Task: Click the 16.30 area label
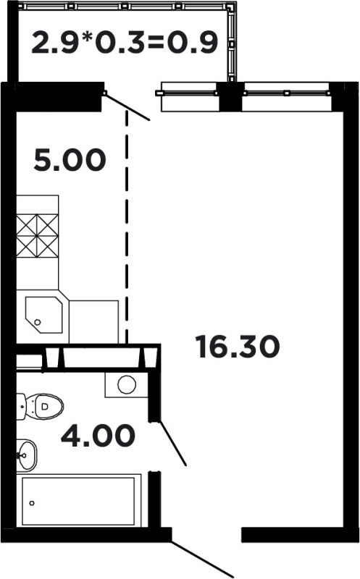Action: pyautogui.click(x=239, y=347)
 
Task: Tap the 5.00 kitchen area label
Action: pyautogui.click(x=70, y=160)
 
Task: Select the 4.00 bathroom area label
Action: pyautogui.click(x=98, y=435)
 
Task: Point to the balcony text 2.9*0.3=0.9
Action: pyautogui.click(x=125, y=43)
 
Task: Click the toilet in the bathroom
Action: pyautogui.click(x=40, y=406)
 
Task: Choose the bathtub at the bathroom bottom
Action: pyautogui.click(x=78, y=501)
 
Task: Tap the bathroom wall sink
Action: pyautogui.click(x=27, y=455)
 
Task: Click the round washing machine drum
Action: pyautogui.click(x=127, y=385)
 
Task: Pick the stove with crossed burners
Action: pyautogui.click(x=38, y=237)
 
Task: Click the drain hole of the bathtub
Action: pyautogui.click(x=32, y=503)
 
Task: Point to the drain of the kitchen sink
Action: pyautogui.click(x=38, y=322)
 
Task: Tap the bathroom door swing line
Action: pyautogui.click(x=172, y=444)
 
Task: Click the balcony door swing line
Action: pyautogui.click(x=127, y=107)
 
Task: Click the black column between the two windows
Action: pyautogui.click(x=230, y=97)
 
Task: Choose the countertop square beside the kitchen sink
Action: pyautogui.click(x=94, y=321)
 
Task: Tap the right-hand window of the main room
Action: pyautogui.click(x=287, y=96)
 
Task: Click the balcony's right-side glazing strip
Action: pyautogui.click(x=231, y=43)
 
